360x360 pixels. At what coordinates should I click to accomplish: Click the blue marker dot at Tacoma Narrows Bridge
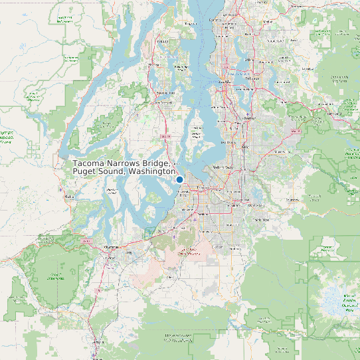click(x=179, y=179)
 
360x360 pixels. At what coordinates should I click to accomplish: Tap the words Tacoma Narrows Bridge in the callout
click(x=122, y=163)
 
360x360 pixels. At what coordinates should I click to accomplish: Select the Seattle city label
click(x=224, y=82)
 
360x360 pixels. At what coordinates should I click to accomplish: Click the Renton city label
click(x=250, y=118)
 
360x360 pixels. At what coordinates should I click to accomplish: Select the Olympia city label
click(x=110, y=246)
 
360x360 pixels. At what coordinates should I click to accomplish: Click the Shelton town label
click(x=68, y=197)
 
